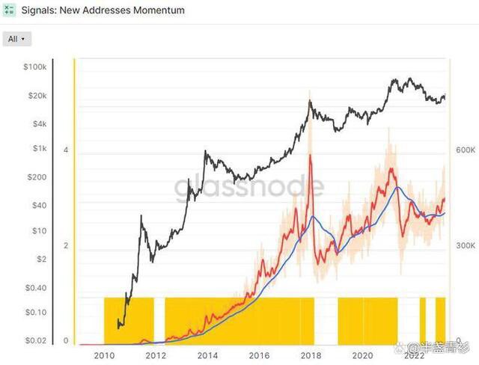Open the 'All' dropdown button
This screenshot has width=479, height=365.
(x=16, y=38)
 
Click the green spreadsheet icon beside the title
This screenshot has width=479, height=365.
(x=9, y=11)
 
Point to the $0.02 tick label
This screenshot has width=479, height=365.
(x=33, y=341)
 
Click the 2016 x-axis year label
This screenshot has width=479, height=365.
(x=259, y=355)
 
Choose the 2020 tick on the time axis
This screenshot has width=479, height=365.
(x=362, y=355)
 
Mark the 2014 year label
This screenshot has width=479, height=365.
(x=207, y=355)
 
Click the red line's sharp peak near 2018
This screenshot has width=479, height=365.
(x=310, y=156)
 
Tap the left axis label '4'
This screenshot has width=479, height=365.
(x=67, y=150)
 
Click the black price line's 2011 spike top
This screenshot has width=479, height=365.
(x=142, y=215)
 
